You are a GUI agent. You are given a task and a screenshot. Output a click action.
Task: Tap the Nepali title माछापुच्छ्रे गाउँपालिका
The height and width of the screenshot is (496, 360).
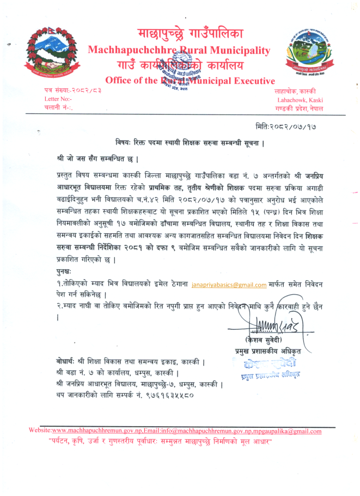click(x=190, y=33)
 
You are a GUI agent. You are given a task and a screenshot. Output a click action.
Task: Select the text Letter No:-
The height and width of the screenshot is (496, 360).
click(x=58, y=100)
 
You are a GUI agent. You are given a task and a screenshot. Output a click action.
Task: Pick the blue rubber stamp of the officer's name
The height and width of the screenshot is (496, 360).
click(x=265, y=366)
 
